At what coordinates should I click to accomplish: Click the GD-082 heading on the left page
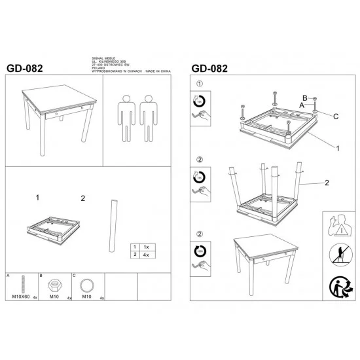click(27, 67)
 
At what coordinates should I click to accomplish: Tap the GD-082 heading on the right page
click(210, 67)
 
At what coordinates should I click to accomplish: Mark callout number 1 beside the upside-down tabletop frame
click(338, 149)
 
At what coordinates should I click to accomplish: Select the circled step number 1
click(200, 84)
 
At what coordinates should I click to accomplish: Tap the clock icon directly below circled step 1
click(200, 101)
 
